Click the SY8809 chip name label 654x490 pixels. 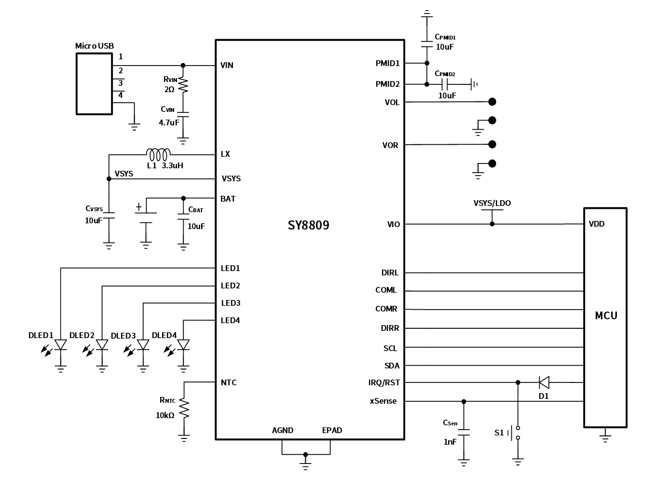(x=309, y=225)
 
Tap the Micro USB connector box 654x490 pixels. (x=94, y=84)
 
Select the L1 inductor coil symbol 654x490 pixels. (x=158, y=154)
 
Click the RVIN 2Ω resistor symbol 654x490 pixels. (x=183, y=85)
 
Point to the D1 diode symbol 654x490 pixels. (x=544, y=383)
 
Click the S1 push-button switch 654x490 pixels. (x=518, y=433)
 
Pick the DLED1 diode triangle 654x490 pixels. (x=60, y=344)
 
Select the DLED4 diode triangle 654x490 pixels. (x=183, y=344)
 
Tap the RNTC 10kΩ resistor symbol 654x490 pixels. (x=184, y=409)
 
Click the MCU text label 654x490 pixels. (x=606, y=316)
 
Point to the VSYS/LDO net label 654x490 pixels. (x=492, y=203)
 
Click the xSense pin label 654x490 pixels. (x=383, y=401)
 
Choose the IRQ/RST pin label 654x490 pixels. (x=384, y=382)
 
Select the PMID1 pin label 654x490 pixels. (x=387, y=63)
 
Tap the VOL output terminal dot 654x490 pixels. (x=492, y=102)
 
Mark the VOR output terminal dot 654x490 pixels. (x=492, y=144)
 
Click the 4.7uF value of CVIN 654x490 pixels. (x=169, y=122)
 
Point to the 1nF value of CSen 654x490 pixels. (x=450, y=441)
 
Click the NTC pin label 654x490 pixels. (x=229, y=382)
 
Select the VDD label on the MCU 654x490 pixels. (x=597, y=224)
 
